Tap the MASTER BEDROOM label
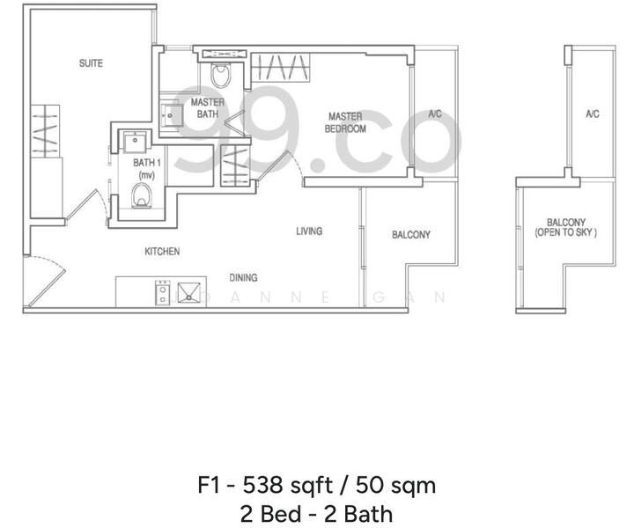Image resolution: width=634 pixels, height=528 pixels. pos(347,122)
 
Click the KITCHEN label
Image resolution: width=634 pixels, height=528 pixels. pos(162,252)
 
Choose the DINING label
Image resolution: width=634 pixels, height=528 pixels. pos(244,278)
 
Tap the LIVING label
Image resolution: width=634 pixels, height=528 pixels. pos(309,231)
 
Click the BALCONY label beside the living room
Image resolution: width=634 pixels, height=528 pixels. pos(411,235)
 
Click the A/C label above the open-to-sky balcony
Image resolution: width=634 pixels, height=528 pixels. pos(592,114)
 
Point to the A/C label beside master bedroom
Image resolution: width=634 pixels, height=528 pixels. pos(434,114)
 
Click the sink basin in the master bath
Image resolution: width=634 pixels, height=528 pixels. pos(171,113)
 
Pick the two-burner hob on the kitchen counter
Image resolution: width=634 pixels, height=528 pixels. pos(163,292)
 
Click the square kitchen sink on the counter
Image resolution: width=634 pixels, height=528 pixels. pos(188,292)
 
